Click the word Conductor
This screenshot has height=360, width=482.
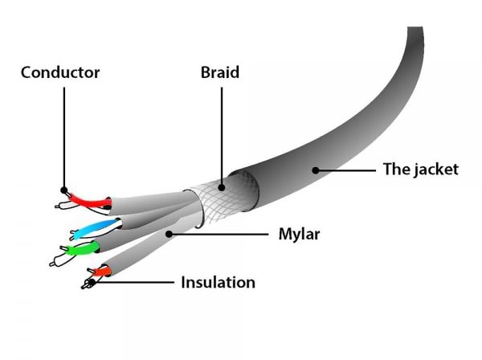coord(60,73)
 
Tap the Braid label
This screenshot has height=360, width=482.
coord(220,73)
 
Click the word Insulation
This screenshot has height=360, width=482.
coord(218,282)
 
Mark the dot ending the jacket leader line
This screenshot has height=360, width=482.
coord(316,170)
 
